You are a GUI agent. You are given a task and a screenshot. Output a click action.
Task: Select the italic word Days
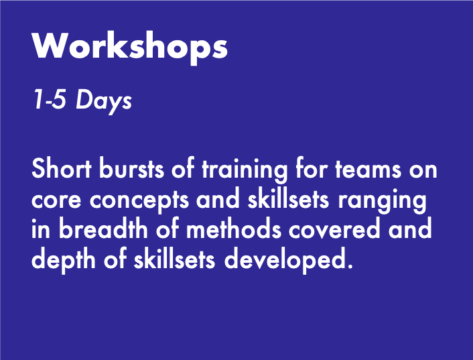click(x=103, y=101)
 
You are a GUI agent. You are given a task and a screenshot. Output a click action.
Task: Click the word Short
click(x=57, y=170)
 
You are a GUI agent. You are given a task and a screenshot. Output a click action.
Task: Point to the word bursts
click(x=123, y=170)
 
